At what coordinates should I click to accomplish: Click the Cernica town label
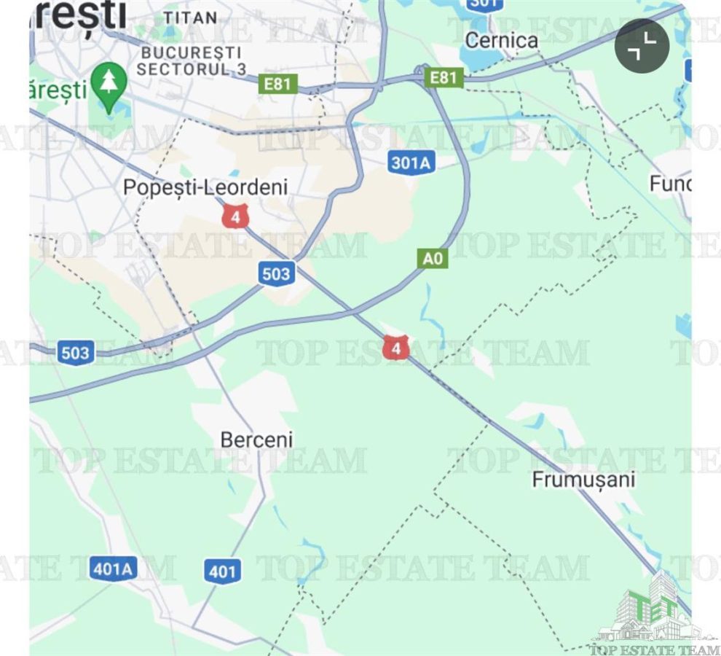(x=501, y=39)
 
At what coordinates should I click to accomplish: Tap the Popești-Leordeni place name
(x=205, y=187)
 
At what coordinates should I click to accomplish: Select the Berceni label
(x=256, y=440)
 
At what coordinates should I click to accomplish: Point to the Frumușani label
(x=583, y=480)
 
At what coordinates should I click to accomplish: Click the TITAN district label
(x=189, y=17)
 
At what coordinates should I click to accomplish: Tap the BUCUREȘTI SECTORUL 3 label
(x=191, y=61)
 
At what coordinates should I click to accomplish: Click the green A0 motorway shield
(x=433, y=258)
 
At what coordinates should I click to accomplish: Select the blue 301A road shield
(x=411, y=163)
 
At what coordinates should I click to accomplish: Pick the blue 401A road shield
(x=114, y=568)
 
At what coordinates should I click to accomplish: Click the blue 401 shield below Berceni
(x=222, y=571)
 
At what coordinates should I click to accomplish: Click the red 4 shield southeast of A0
(x=395, y=348)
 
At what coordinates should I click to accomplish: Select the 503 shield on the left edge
(x=76, y=354)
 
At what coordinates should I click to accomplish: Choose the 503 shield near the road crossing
(x=276, y=274)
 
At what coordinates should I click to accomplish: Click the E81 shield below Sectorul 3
(x=277, y=84)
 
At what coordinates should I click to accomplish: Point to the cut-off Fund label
(x=670, y=184)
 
